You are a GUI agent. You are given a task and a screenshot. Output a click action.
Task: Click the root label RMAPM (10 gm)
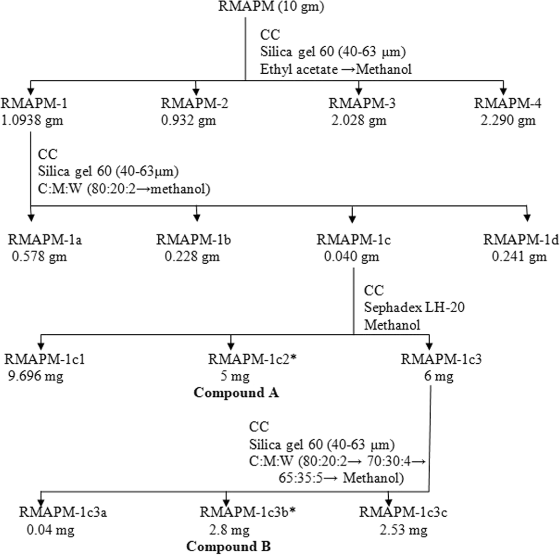271,7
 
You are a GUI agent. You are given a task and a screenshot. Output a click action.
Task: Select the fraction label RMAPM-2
195,103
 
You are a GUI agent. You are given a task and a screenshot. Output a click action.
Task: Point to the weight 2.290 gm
508,120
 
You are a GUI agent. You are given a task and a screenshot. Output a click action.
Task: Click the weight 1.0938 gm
32,120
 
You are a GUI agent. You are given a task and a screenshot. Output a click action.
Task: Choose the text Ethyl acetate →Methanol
336,70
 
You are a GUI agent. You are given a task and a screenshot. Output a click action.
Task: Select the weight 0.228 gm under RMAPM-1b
192,257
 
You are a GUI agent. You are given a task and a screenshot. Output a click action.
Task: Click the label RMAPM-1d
521,240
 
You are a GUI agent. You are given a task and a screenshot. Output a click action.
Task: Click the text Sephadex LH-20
414,308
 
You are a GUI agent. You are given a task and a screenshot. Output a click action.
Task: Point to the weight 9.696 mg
34,376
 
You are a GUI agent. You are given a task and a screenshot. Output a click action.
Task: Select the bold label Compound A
236,393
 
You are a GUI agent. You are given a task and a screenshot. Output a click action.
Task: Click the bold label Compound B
229,546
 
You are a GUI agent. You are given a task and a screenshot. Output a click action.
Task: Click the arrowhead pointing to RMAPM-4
503,89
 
